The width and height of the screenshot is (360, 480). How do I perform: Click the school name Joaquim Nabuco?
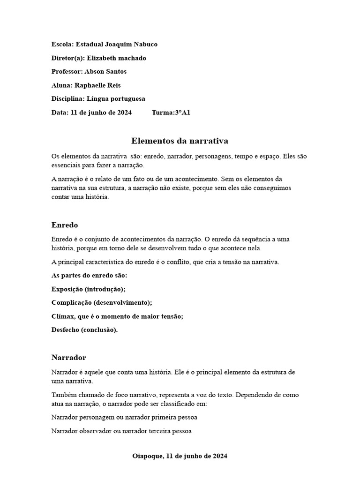click(135, 45)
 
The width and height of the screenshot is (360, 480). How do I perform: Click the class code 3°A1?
click(182, 112)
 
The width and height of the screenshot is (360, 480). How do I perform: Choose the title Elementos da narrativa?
click(180, 141)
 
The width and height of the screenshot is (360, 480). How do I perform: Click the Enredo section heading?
click(65, 225)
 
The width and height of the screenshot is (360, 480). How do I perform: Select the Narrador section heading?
click(69, 358)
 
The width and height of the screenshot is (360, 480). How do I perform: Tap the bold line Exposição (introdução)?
click(88, 289)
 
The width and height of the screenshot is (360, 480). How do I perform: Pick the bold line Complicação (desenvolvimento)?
click(102, 303)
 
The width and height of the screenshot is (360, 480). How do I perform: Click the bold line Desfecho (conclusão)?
click(84, 330)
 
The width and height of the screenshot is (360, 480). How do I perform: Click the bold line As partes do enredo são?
click(89, 276)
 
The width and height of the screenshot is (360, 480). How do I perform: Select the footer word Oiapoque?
click(147, 456)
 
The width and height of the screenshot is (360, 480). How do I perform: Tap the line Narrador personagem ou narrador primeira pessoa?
click(124, 417)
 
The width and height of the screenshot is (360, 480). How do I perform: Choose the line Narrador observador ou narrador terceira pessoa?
click(121, 431)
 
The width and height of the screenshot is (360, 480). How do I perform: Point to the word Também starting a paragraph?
click(63, 395)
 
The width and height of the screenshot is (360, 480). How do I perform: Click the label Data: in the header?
click(60, 112)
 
